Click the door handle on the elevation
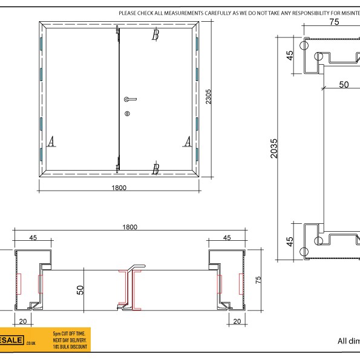click(x=129, y=99)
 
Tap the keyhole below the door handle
click(x=127, y=114)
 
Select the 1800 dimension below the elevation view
click(x=119, y=188)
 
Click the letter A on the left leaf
click(x=51, y=141)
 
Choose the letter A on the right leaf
click(x=188, y=141)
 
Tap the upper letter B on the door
click(x=155, y=36)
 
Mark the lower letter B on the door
click(x=155, y=169)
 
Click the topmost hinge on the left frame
click(x=41, y=44)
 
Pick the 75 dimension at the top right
click(x=333, y=22)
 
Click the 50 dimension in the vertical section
click(x=343, y=85)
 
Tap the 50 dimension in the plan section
click(x=80, y=289)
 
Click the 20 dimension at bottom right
click(x=237, y=321)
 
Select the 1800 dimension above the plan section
click(x=129, y=227)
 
